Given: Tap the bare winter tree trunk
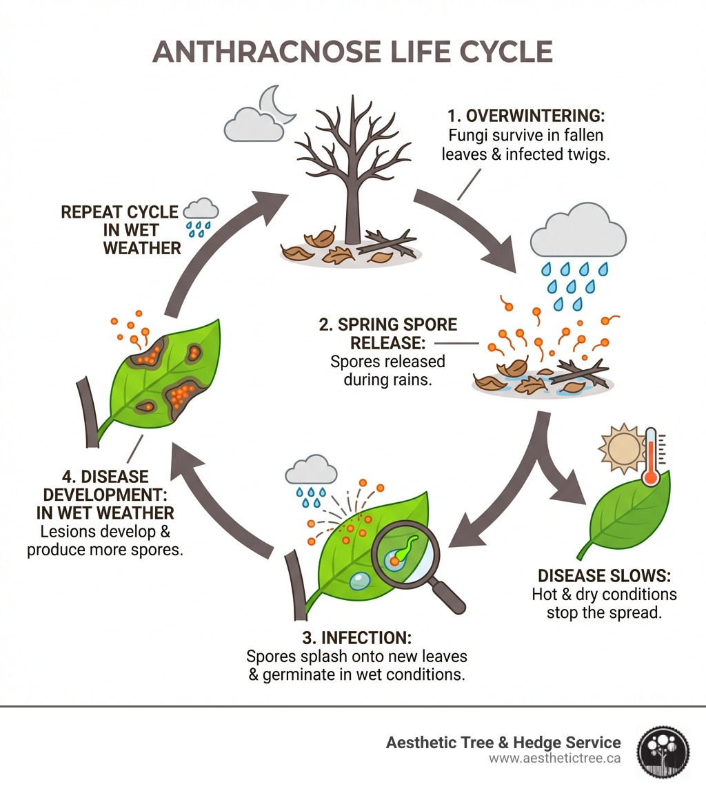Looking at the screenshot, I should [352, 207].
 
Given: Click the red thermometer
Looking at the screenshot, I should [649, 458].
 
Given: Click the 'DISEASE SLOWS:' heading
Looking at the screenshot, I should [604, 575].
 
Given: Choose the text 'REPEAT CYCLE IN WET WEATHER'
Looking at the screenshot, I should [121, 229].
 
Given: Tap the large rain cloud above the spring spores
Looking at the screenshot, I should [578, 231].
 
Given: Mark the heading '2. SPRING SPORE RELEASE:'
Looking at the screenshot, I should [387, 333].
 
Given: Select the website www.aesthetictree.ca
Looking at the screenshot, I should [555, 758].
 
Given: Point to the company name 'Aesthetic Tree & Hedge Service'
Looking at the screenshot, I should [503, 742].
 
